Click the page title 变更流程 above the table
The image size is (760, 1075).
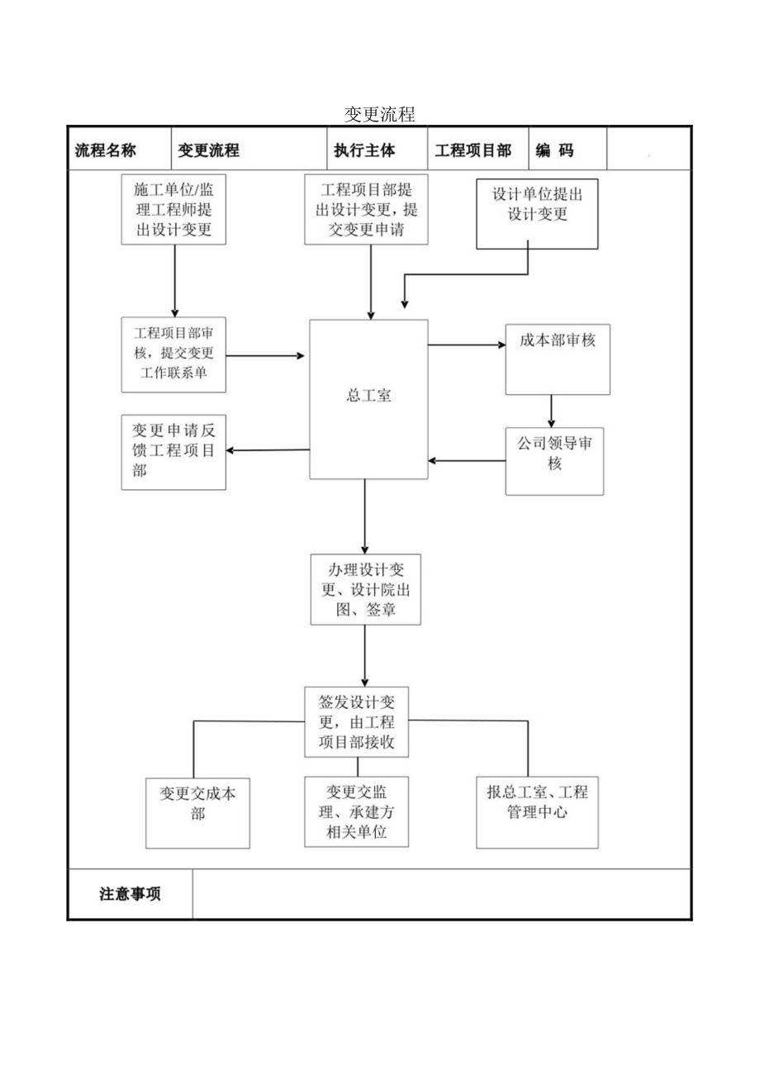click(380, 114)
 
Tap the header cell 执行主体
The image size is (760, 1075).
click(364, 150)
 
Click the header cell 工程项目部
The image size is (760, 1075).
click(473, 150)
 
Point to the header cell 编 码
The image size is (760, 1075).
click(554, 150)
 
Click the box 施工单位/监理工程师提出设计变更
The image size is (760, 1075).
click(173, 210)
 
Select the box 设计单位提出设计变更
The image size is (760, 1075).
click(537, 213)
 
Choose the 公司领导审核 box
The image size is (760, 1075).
click(554, 460)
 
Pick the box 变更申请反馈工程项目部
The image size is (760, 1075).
click(173, 452)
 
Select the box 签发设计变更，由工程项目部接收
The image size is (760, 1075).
click(357, 721)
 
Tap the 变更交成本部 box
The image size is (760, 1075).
click(198, 812)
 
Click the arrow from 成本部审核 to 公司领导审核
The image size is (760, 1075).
click(551, 411)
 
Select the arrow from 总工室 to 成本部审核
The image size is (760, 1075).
click(467, 345)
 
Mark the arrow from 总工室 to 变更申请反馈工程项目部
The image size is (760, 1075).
click(268, 450)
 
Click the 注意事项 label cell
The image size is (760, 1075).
click(131, 894)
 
